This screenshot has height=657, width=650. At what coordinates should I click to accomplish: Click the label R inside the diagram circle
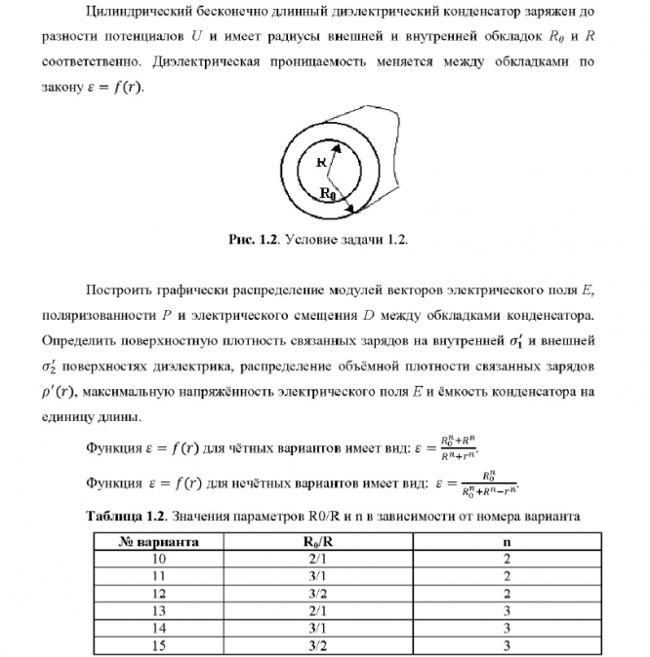[320, 163]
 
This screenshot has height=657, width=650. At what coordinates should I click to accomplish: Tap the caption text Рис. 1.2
[255, 239]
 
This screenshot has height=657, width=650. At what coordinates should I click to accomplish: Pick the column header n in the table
[507, 542]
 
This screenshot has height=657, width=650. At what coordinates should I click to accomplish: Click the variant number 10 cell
[159, 560]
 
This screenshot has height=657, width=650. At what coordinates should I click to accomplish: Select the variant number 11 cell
[159, 576]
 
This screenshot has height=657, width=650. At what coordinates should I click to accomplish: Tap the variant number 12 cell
[159, 594]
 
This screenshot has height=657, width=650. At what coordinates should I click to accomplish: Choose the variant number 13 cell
[159, 611]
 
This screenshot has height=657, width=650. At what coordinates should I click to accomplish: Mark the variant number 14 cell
[159, 628]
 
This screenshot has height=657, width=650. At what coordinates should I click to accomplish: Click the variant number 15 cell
[159, 645]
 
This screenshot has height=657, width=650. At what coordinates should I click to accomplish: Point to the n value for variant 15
[507, 645]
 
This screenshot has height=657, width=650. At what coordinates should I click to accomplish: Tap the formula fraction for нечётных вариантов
[480, 483]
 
